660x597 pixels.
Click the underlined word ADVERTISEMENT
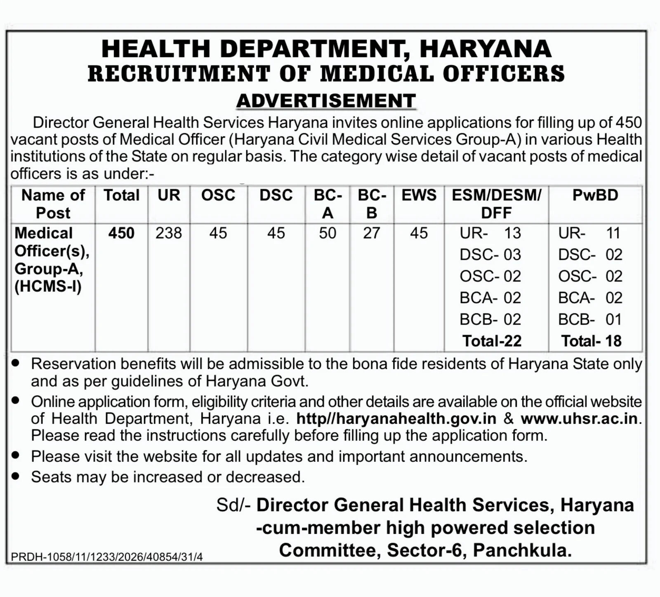326,101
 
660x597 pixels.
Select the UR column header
169,195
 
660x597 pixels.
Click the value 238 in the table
169,233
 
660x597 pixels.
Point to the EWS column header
419,195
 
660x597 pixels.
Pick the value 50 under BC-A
328,233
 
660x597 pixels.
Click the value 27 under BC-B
371,233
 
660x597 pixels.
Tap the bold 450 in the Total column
121,233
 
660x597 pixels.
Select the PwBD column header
595,195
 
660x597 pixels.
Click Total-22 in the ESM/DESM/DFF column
492,341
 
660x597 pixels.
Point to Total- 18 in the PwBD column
591,341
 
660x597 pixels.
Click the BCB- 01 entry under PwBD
590,320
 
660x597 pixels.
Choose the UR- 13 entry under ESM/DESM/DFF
490,233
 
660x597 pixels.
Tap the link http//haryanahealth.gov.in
396,418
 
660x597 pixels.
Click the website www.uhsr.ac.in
579,418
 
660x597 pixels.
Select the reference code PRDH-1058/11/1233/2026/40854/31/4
107,557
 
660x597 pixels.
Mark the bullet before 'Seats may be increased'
16,476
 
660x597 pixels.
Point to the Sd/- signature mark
233,505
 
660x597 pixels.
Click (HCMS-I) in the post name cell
48,286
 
